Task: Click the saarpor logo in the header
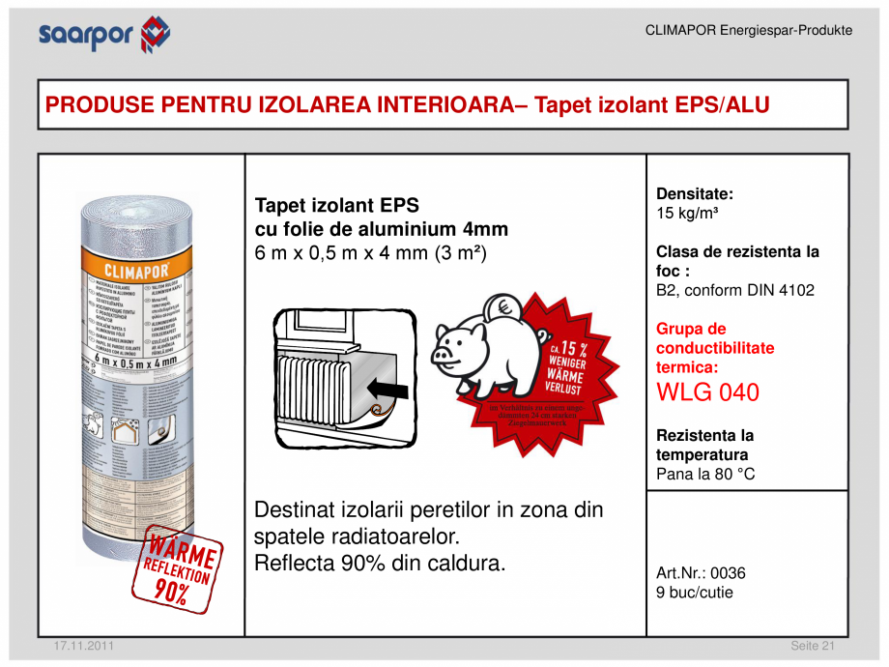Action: click(x=103, y=35)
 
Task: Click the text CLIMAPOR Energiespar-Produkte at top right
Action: click(x=748, y=31)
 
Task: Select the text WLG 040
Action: click(x=707, y=393)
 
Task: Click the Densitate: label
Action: click(x=695, y=193)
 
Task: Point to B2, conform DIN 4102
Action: click(x=735, y=290)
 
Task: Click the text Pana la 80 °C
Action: click(x=705, y=474)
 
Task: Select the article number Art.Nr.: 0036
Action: click(x=701, y=573)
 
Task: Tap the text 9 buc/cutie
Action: click(x=695, y=593)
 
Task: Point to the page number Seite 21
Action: click(x=812, y=646)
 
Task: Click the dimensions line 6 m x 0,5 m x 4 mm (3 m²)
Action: click(x=370, y=254)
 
